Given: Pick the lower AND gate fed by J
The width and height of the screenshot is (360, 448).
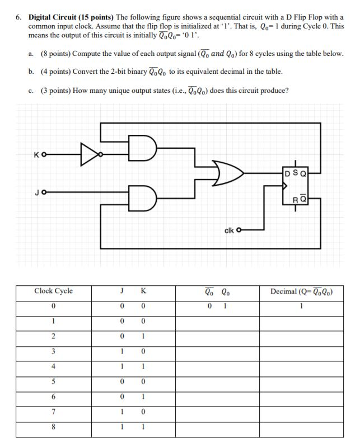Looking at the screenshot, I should [x=141, y=196].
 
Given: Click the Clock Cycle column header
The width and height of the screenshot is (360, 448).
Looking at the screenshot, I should [x=53, y=291].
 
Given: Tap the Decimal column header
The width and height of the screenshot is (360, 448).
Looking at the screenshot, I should [x=302, y=291].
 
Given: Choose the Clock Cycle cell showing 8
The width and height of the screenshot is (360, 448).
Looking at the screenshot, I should [x=53, y=427].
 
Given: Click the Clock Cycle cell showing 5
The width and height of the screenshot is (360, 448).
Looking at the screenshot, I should [x=53, y=382].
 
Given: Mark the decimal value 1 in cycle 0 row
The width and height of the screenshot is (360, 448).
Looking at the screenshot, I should [x=301, y=306].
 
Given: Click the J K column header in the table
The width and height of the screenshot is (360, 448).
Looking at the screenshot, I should [x=133, y=291].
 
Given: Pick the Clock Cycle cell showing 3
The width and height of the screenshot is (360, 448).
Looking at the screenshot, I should [x=53, y=351].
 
